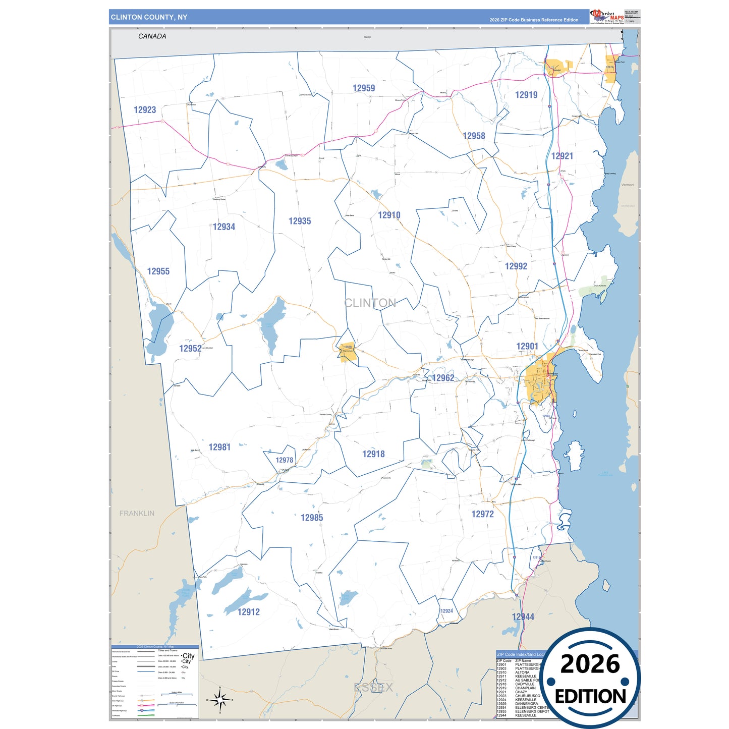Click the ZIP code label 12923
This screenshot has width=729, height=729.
[145, 110]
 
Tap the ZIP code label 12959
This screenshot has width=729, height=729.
[364, 88]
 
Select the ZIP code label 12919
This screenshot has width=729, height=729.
[526, 95]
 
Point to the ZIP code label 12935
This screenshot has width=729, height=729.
[300, 221]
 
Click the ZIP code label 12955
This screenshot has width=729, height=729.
[158, 271]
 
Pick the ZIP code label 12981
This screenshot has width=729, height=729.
[219, 447]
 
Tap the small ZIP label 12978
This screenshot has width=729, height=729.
[285, 460]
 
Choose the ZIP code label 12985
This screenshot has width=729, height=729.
[312, 518]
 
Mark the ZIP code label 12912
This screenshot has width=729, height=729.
[249, 612]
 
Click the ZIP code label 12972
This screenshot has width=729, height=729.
[483, 514]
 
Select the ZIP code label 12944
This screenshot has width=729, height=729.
[523, 617]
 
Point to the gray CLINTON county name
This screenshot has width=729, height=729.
[370, 303]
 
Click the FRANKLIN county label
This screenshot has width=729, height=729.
[137, 513]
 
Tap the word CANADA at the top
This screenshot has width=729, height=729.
[152, 36]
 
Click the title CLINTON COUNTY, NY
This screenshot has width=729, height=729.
[149, 17]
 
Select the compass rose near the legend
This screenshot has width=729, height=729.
[219, 700]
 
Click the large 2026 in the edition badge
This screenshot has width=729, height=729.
[590, 664]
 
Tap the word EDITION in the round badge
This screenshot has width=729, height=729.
[590, 697]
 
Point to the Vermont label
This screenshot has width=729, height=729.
[628, 185]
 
